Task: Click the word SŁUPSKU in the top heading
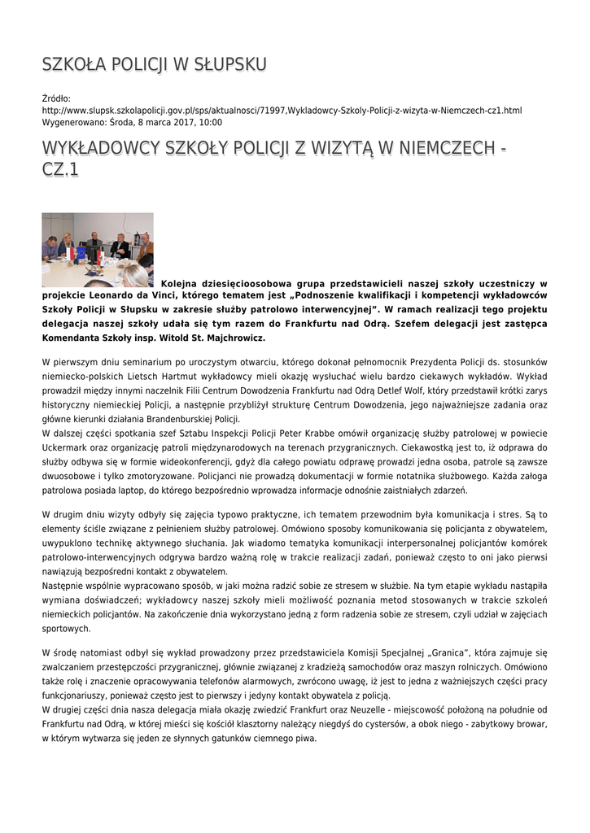(x=229, y=64)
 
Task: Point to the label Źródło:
(x=56, y=98)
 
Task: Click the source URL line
(x=282, y=110)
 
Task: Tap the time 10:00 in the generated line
(x=211, y=122)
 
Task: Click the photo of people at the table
(x=98, y=250)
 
